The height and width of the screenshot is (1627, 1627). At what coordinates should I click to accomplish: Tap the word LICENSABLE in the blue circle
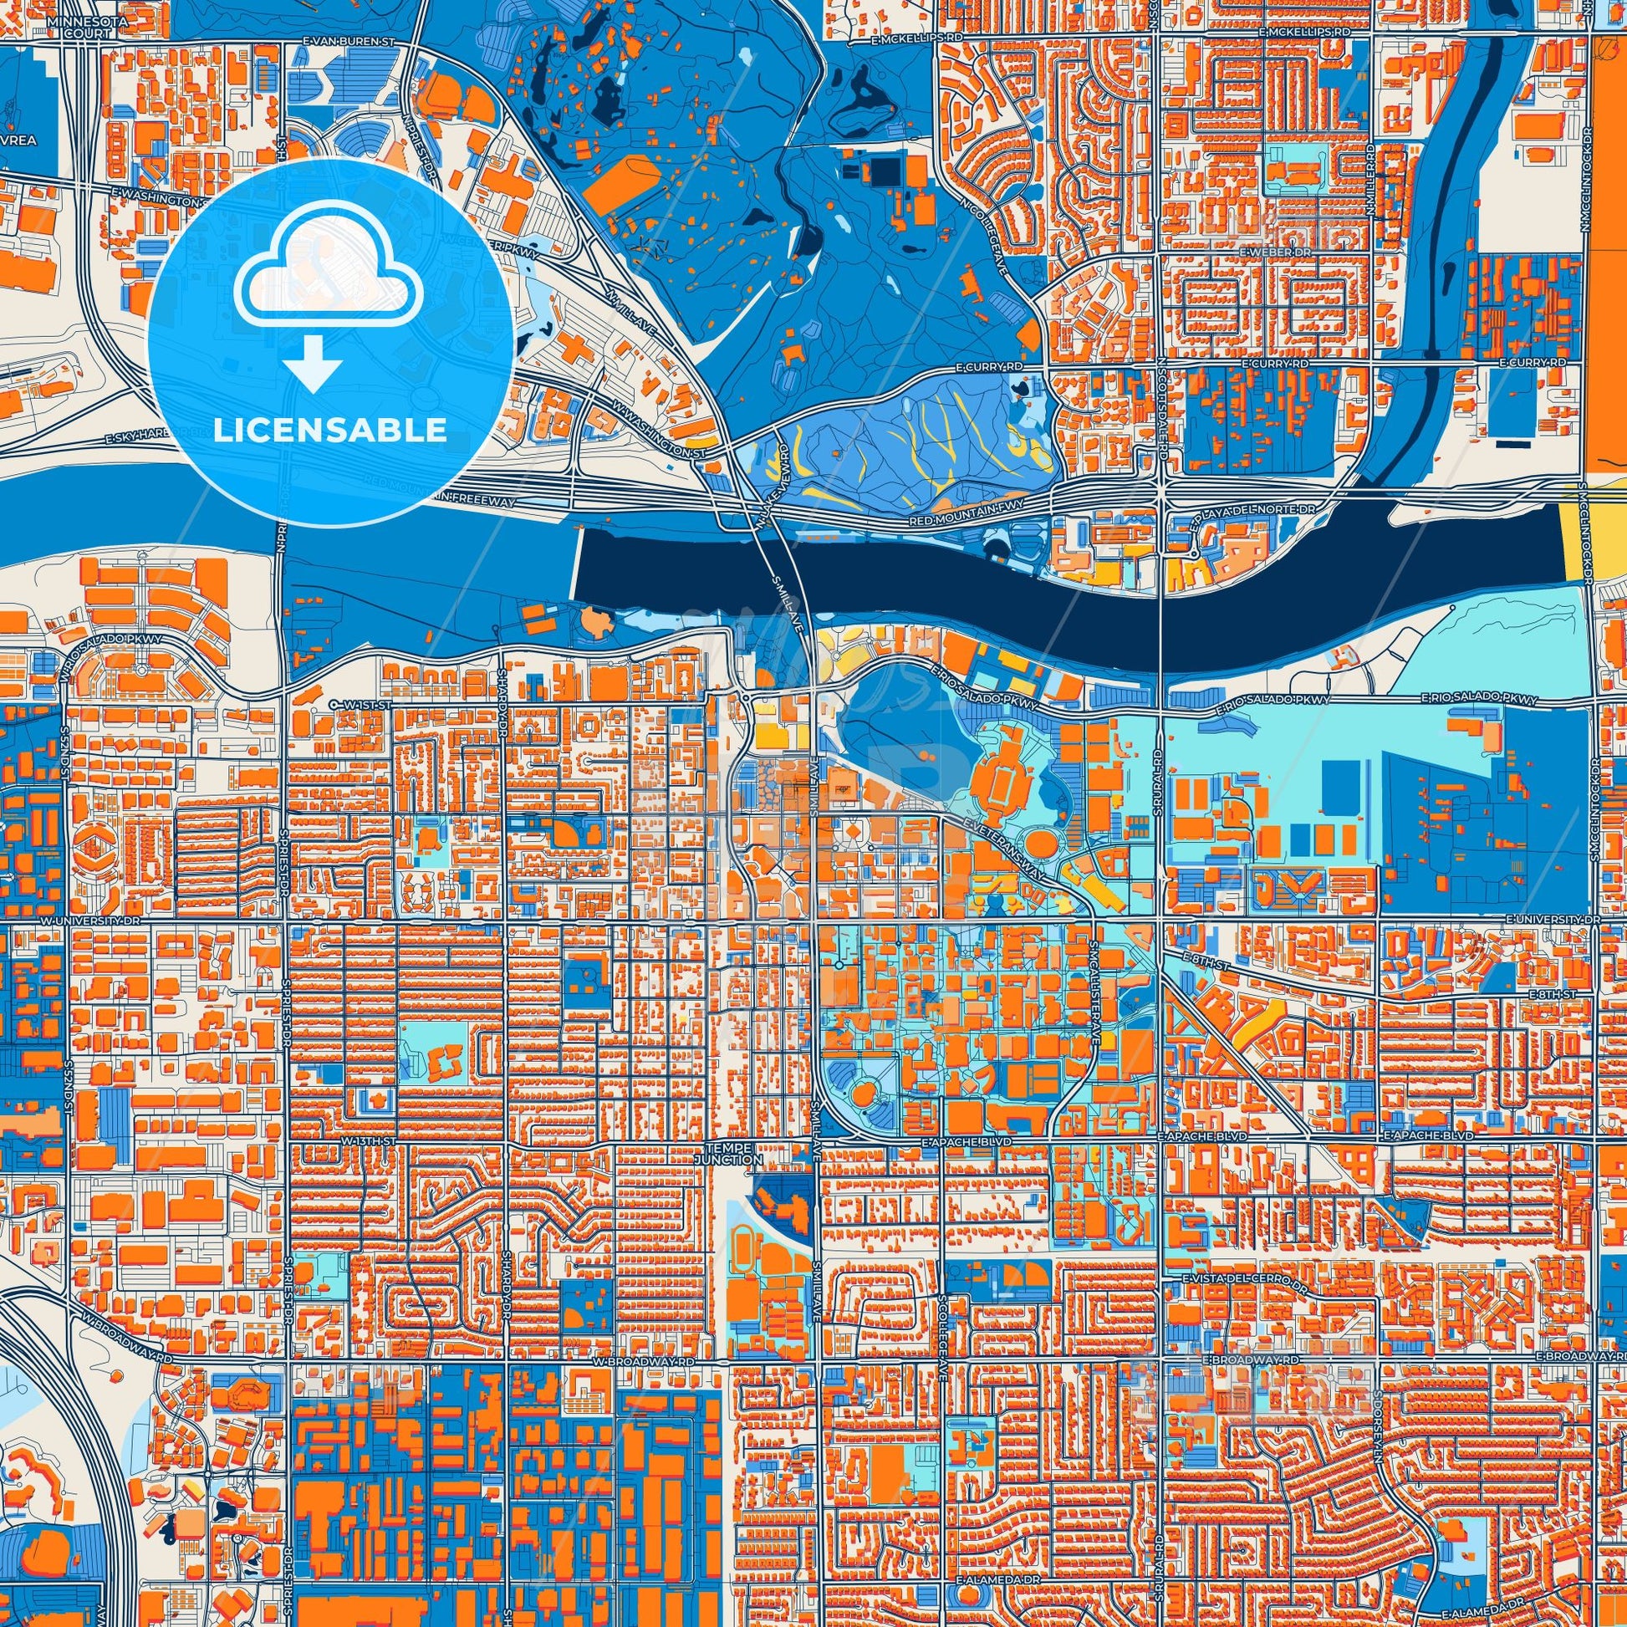point(329,431)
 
